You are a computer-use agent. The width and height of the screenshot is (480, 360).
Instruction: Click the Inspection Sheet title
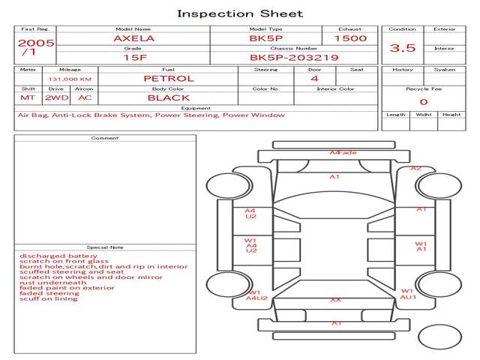pos(240,13)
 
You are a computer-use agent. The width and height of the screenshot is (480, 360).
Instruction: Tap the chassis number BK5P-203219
pos(294,57)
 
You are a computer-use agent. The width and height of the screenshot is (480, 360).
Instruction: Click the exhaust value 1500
pos(350,37)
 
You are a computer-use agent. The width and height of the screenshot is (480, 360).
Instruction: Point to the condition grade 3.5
pos(403,48)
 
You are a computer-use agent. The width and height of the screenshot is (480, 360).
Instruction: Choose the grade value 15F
pos(135,57)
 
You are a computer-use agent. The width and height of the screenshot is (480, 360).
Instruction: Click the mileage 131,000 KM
pos(70,79)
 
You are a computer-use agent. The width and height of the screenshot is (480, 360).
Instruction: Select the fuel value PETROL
pos(168,78)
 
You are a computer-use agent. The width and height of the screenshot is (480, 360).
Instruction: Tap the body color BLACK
pos(168,97)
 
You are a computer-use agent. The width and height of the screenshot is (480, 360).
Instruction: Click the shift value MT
pos(28,97)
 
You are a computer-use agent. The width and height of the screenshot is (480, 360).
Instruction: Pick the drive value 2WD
pos(54,97)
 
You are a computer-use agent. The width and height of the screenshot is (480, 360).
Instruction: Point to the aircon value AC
pos(85,97)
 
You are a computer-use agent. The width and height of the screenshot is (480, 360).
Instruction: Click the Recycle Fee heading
pos(423,88)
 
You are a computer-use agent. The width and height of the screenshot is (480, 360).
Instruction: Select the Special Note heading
pos(105,247)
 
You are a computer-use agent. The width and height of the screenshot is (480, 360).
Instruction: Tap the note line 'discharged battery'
pos(48,256)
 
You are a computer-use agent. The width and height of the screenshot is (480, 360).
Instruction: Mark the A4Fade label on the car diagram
pos(343,153)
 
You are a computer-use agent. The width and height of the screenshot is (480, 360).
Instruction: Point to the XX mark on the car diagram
pos(335,299)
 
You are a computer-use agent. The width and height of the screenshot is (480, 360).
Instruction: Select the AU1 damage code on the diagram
pos(408,297)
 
